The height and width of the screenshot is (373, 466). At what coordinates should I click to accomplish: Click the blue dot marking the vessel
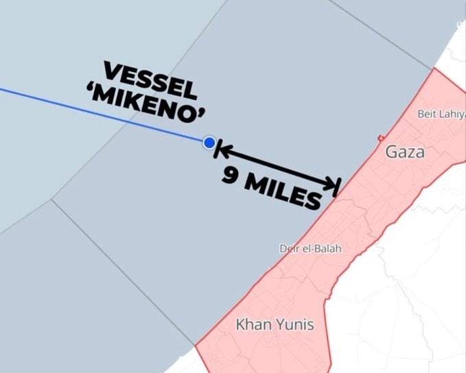(209, 143)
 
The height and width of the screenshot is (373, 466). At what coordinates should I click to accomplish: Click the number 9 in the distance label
(231, 175)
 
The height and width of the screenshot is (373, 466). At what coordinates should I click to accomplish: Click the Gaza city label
(404, 152)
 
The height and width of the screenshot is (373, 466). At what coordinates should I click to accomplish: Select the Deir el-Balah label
(310, 248)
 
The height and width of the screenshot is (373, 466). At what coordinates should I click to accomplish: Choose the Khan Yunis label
(275, 324)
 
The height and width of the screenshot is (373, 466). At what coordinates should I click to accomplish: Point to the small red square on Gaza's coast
(380, 139)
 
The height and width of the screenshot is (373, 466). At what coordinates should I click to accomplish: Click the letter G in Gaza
(391, 152)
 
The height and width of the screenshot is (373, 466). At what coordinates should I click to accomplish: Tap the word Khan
(251, 324)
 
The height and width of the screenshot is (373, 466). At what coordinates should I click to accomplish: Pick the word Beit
(428, 114)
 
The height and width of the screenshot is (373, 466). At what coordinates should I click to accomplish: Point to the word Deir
(290, 248)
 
